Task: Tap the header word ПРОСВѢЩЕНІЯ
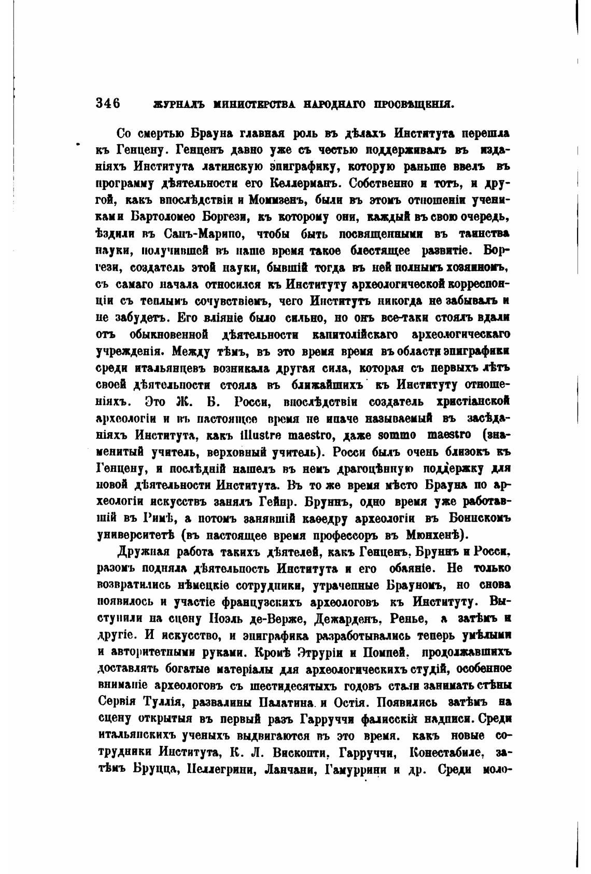pos(418,104)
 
